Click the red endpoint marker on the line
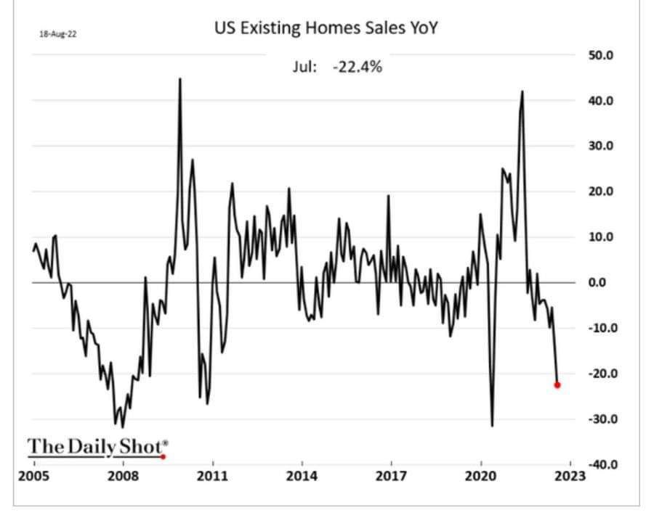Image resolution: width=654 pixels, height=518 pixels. pos(557,385)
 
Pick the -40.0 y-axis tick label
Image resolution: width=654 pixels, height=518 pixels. pos(601,464)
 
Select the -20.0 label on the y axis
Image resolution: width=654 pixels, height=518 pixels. pos(601,374)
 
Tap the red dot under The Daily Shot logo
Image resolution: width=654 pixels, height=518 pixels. pos(163,456)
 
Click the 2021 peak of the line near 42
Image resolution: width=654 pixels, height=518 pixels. pos(522,91)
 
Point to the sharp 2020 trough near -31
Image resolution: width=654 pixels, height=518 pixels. pos(492,425)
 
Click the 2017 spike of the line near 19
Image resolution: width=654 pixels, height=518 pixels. pos(388,196)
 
